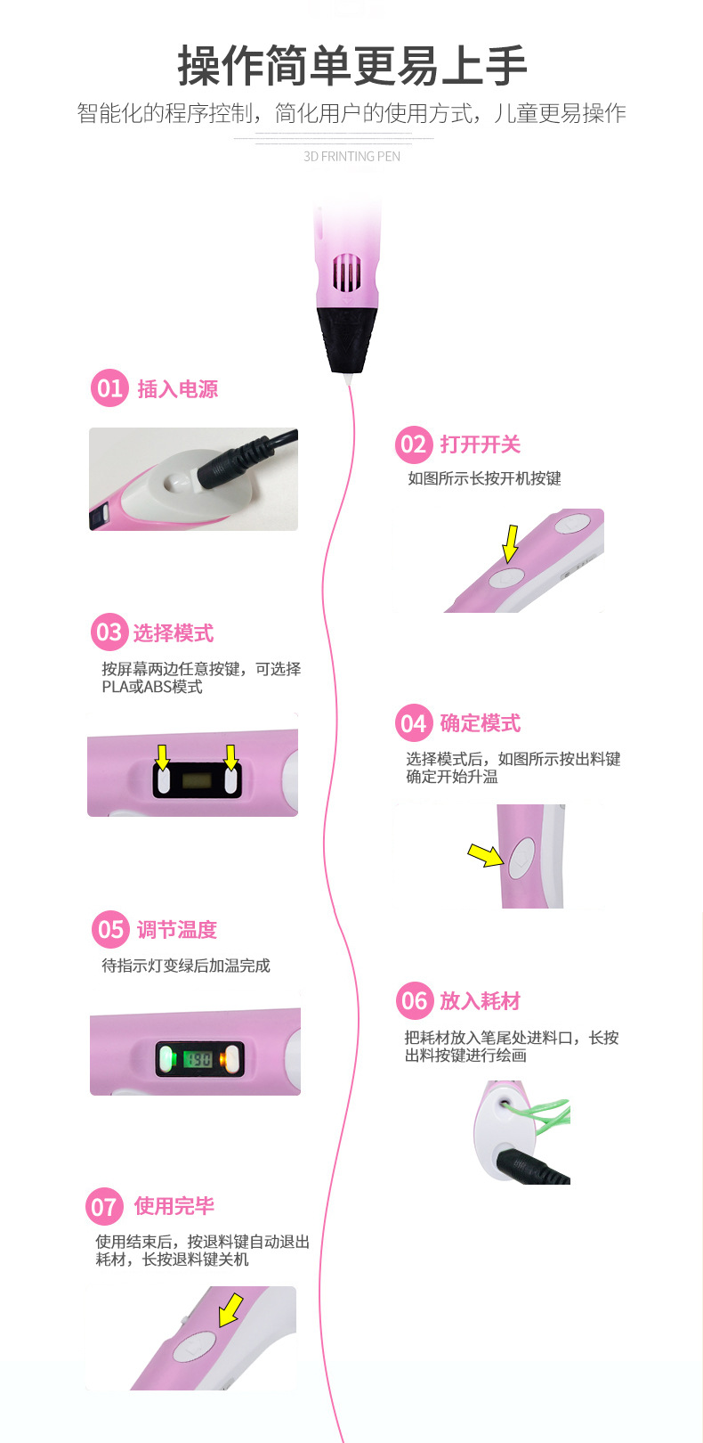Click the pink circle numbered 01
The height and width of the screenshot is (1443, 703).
(109, 388)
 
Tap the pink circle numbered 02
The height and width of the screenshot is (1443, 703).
(413, 444)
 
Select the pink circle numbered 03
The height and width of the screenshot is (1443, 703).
(109, 632)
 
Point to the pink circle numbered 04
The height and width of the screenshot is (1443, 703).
(413, 722)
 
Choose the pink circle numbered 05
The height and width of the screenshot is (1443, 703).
(109, 929)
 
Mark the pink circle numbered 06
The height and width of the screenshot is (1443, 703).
(414, 1000)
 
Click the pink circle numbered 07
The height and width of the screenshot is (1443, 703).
(104, 1206)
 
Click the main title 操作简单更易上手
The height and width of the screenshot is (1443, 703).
(351, 66)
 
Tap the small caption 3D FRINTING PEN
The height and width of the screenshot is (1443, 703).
(351, 157)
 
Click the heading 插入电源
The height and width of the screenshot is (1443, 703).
(178, 389)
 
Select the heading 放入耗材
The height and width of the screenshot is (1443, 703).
(481, 1001)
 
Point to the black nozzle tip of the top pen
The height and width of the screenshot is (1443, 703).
(347, 338)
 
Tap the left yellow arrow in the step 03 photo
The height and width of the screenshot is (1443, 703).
(162, 757)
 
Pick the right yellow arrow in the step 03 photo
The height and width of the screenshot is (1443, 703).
(231, 757)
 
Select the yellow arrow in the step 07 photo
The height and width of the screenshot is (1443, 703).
(230, 1309)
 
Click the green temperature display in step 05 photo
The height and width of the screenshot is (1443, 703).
(197, 1059)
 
